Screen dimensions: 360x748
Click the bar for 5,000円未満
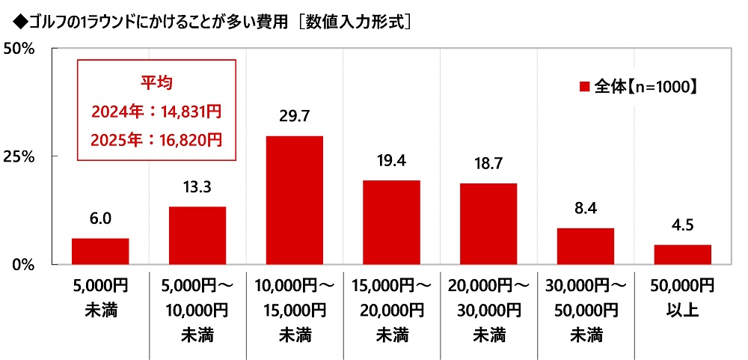100,251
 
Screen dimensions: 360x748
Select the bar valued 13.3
197,236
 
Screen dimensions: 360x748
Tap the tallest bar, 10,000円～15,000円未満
295,200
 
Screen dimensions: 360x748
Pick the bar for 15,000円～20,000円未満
391,222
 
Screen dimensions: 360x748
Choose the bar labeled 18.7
488,224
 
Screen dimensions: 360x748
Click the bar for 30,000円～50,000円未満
586,246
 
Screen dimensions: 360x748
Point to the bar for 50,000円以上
682,254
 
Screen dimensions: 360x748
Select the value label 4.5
682,225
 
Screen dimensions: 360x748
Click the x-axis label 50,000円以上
682,297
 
